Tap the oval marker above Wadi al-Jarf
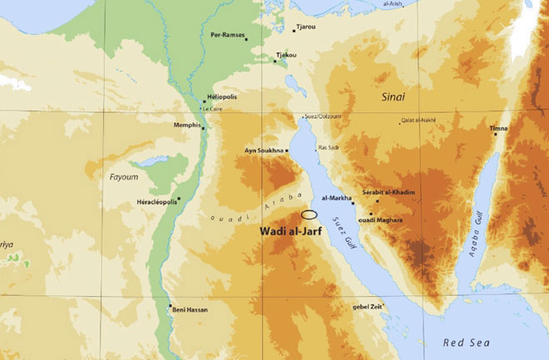tap(309, 215)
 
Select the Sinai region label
tap(393, 97)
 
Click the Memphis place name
tap(186, 125)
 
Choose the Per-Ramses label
tap(229, 35)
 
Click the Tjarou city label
tap(306, 27)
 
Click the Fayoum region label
tap(123, 177)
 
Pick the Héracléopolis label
tap(156, 202)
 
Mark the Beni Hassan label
tap(192, 309)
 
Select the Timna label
tap(498, 129)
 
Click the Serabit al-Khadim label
tap(388, 192)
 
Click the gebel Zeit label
tap(367, 307)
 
